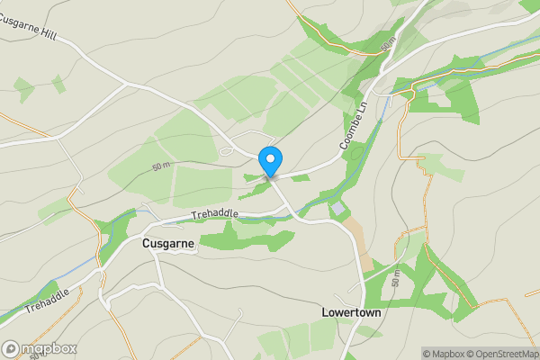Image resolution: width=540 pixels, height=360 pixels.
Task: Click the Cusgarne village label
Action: [x=168, y=243]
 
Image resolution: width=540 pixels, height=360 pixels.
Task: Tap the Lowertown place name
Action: [x=352, y=312]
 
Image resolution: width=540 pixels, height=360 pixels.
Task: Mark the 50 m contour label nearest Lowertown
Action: [x=398, y=281]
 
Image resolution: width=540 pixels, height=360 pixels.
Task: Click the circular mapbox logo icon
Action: [x=12, y=348]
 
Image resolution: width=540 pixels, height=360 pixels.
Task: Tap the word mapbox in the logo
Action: [x=49, y=348]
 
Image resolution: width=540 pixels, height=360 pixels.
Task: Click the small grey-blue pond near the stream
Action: [x=337, y=209]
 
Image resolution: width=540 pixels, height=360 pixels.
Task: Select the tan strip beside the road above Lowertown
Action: [x=363, y=243]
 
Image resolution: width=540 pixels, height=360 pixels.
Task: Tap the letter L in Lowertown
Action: [x=326, y=312]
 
